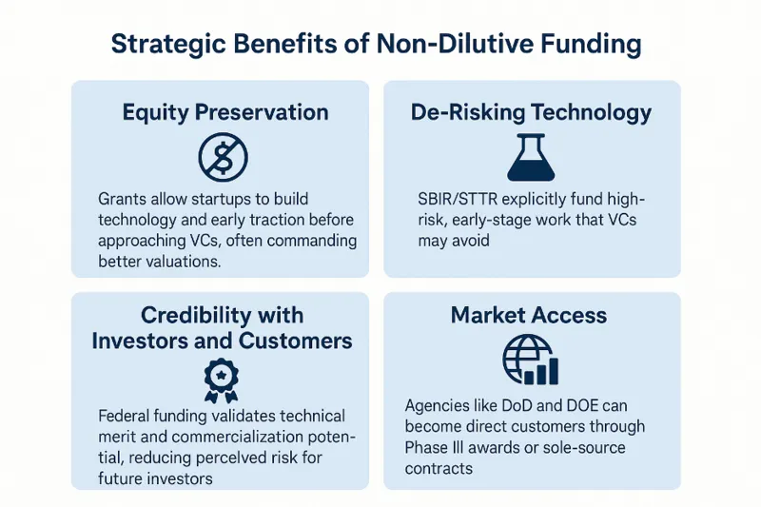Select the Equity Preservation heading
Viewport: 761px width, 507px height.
pyautogui.click(x=225, y=112)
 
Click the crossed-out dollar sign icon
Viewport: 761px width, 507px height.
pyautogui.click(x=222, y=156)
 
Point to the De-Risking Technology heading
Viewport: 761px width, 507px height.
pyautogui.click(x=532, y=112)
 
